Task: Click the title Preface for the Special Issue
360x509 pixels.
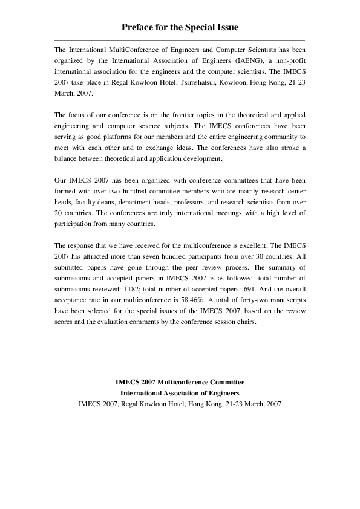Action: (180, 28)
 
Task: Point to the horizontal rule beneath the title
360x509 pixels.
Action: (180, 40)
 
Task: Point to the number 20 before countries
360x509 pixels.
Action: (59, 213)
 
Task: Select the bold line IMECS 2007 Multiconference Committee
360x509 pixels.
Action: (180, 383)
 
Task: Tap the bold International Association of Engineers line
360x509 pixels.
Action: (180, 394)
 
